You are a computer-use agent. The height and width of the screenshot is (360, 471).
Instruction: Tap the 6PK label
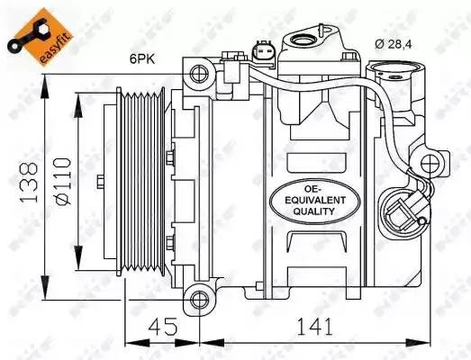point(141,61)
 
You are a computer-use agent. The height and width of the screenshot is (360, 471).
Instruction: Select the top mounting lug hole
point(198,74)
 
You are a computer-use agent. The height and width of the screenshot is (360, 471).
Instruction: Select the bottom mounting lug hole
point(198,296)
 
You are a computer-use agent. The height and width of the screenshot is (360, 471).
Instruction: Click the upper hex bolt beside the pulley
point(169,159)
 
